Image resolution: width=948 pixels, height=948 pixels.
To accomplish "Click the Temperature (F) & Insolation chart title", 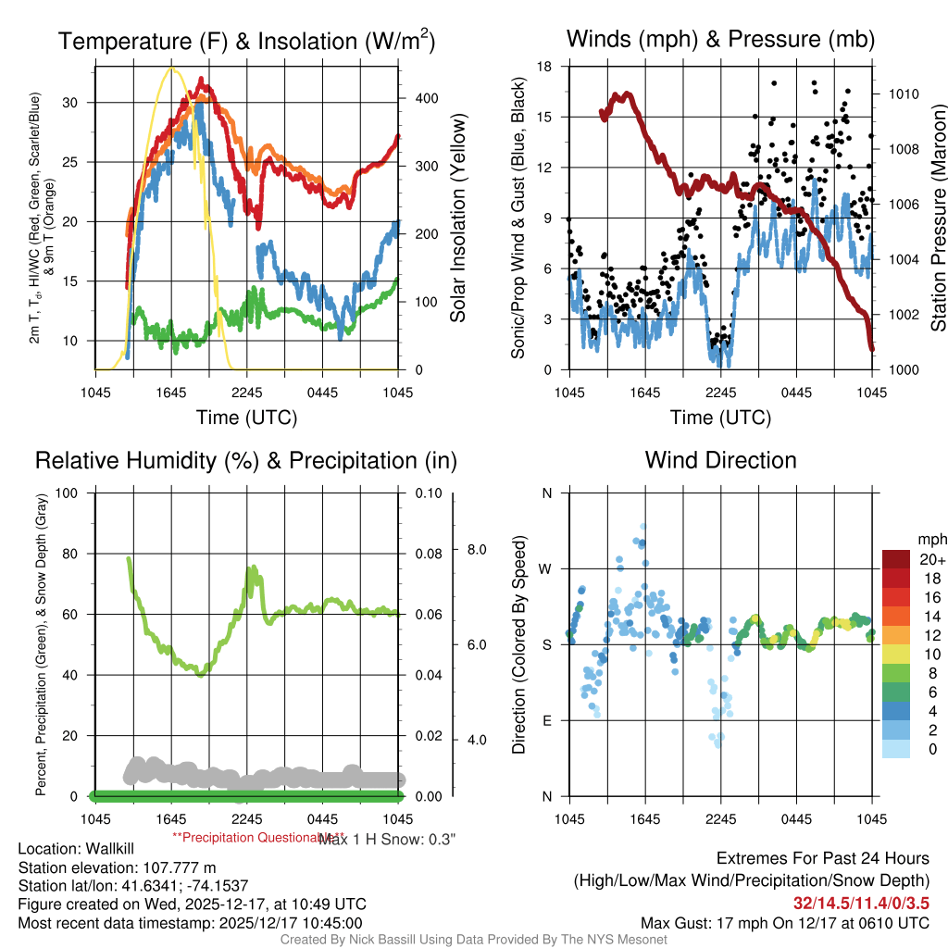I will [x=246, y=42].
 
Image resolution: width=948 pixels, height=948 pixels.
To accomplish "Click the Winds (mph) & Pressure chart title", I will [x=720, y=40].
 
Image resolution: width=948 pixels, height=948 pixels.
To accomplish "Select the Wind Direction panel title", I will [x=720, y=460].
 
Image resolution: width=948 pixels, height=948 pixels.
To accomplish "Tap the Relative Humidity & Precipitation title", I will [x=245, y=460].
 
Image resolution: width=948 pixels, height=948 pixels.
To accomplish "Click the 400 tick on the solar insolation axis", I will [x=426, y=98].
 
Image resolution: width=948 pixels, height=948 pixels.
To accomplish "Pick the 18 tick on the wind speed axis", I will [x=545, y=67].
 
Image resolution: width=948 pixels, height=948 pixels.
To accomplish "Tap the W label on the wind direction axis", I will [x=546, y=568].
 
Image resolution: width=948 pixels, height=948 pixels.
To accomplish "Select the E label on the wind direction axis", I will [x=547, y=720].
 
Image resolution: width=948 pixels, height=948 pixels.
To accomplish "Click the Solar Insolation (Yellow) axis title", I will [x=457, y=218].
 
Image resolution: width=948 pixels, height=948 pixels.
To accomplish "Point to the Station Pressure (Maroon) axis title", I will [x=937, y=218].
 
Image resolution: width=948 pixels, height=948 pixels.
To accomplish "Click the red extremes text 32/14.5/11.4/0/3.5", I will [x=861, y=902].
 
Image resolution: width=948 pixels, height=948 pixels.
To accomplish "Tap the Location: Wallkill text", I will [x=77, y=849].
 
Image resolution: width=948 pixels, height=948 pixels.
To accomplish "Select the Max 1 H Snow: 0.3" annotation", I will [x=387, y=839].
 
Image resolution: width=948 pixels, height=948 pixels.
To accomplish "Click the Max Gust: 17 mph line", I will [x=785, y=923].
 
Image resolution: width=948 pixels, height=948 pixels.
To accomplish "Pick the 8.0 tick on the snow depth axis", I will [x=475, y=550].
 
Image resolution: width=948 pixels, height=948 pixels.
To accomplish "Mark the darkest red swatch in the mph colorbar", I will [x=897, y=559].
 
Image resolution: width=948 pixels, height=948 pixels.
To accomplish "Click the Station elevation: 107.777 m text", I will [x=104, y=867].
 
